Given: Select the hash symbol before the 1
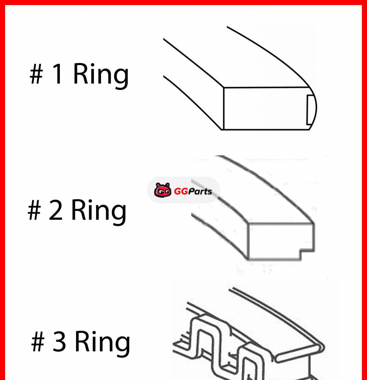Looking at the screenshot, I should [36, 74].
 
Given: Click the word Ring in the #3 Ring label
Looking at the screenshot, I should [102, 341].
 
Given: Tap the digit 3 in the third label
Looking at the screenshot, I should [59, 341].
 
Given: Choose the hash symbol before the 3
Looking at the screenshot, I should [38, 342].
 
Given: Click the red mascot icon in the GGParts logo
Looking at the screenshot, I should [163, 190].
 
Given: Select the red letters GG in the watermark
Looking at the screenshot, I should [181, 191].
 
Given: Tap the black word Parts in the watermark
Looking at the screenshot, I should [200, 191].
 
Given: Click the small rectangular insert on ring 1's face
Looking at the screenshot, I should [310, 110].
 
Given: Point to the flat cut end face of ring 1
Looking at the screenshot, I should [265, 108].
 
